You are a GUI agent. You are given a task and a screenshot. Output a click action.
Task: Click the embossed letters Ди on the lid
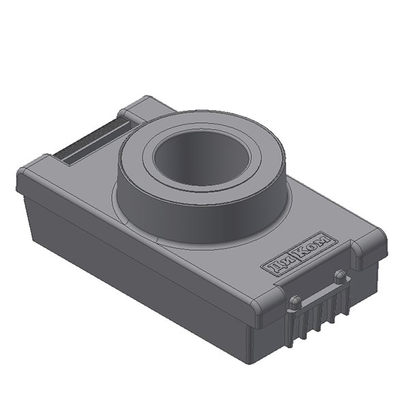click(x=277, y=265)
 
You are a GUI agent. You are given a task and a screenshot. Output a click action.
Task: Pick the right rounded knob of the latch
click(x=339, y=275)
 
